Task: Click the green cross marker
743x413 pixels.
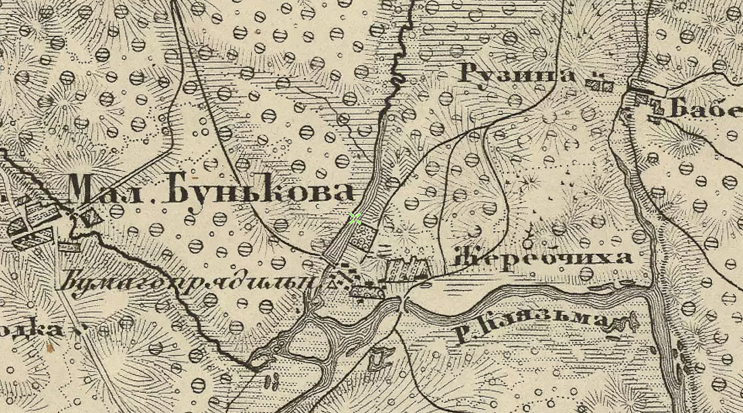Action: [x=355, y=218]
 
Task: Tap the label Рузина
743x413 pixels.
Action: [x=518, y=73]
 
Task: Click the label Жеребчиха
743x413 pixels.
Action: [x=544, y=258]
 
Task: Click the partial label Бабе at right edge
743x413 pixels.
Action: [x=704, y=108]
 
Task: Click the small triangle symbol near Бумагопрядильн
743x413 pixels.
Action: [x=331, y=285]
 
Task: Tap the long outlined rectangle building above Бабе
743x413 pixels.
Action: [x=648, y=87]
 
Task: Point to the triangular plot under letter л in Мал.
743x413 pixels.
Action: [x=90, y=218]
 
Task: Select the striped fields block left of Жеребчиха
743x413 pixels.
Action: [x=407, y=269]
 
